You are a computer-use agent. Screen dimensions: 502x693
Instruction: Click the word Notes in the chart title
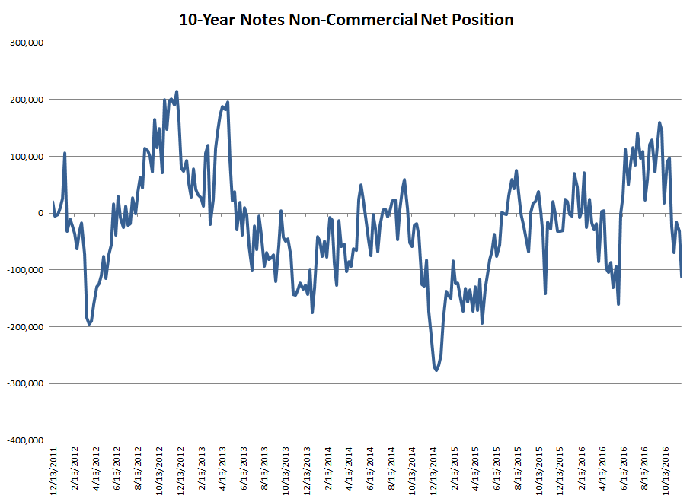pyautogui.click(x=260, y=20)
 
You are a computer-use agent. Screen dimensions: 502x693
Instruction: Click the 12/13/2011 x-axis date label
pyautogui.click(x=54, y=472)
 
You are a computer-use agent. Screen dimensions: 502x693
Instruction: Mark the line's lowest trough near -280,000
pyautogui.click(x=436, y=370)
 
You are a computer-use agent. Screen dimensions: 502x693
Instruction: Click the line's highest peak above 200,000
pyautogui.click(x=177, y=92)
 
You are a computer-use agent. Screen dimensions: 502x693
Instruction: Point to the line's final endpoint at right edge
pyautogui.click(x=681, y=277)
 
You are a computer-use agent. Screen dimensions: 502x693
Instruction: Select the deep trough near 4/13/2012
pyautogui.click(x=89, y=324)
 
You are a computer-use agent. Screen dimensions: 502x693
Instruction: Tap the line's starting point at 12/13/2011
pyautogui.click(x=53, y=202)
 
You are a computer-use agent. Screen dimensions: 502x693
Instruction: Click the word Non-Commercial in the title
pyautogui.click(x=352, y=20)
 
